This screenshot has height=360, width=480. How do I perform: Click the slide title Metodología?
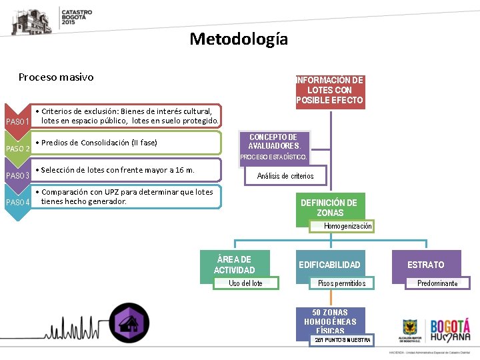click(x=239, y=39)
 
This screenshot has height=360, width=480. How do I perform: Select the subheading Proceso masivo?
click(x=56, y=77)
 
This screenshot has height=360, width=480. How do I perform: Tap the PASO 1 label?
click(x=17, y=121)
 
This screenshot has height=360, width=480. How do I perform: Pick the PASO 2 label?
click(x=17, y=149)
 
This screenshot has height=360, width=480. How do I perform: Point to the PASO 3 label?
click(x=17, y=176)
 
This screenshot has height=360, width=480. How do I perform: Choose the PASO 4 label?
click(x=17, y=203)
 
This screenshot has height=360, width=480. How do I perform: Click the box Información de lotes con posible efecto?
click(x=329, y=90)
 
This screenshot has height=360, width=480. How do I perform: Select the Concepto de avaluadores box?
click(x=274, y=141)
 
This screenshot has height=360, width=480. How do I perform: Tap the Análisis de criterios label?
click(x=285, y=176)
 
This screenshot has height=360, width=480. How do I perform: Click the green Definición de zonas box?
click(x=329, y=207)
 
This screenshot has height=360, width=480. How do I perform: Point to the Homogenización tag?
click(x=347, y=227)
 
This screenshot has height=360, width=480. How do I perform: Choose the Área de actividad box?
click(x=234, y=265)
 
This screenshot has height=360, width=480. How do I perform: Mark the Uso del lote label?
click(x=245, y=283)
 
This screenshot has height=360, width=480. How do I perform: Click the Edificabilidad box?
click(x=329, y=265)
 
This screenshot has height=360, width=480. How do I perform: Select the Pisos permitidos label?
click(x=341, y=283)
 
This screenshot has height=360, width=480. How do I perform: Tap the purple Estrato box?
click(x=425, y=265)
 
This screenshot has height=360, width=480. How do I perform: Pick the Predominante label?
click(x=437, y=283)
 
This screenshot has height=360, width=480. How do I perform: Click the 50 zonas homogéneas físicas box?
click(x=330, y=321)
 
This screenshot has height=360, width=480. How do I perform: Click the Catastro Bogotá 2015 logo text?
click(x=77, y=17)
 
